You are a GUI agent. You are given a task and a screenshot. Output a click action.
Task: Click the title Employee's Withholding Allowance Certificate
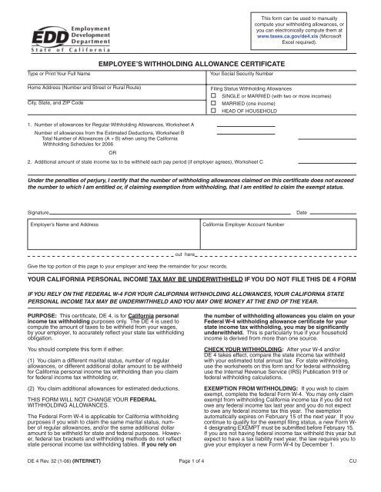[190, 66]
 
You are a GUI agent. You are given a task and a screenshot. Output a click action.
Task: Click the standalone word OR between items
[113, 151]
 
